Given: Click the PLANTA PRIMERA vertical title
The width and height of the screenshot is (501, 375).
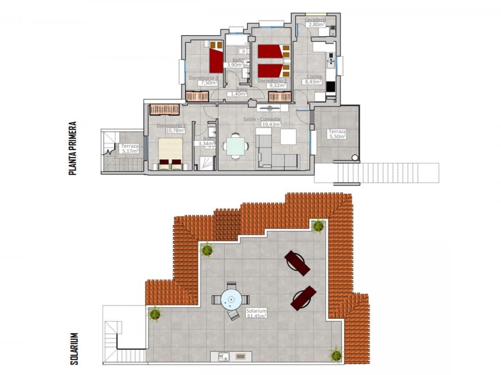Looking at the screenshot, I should point(72,148).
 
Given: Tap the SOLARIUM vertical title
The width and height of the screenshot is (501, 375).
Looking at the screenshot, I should point(74,348).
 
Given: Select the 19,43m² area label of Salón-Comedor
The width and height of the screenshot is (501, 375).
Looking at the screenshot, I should point(271,124).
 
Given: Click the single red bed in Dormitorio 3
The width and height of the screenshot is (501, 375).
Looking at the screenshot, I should point(216,60).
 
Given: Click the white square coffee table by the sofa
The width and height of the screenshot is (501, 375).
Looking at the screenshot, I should point(288,136).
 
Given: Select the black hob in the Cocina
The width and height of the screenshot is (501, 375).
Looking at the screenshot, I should point(330,86).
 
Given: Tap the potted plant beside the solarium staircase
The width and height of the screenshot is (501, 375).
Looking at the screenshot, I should point(155,313).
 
